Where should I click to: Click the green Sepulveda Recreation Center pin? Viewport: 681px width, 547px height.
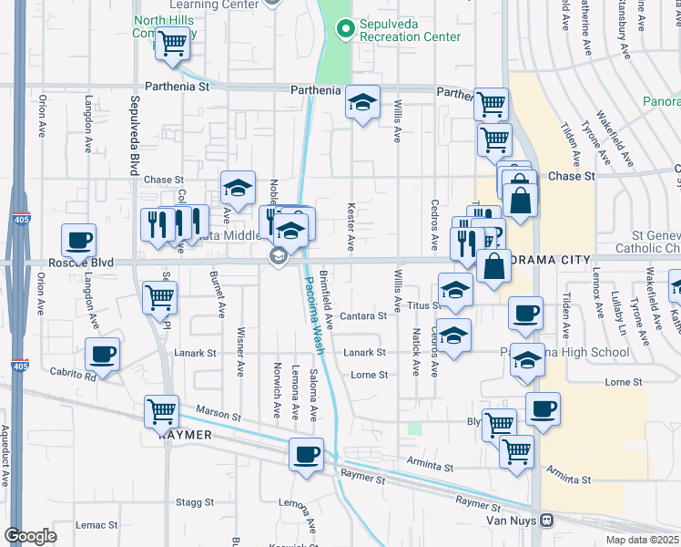pos(344,30)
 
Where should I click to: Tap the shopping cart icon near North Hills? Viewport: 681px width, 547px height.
pos(171,43)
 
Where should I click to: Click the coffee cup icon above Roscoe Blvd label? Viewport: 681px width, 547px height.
pos(79,241)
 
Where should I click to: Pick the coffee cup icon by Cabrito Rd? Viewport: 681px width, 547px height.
pos(102,354)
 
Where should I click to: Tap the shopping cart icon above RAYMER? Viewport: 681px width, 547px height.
pos(162,411)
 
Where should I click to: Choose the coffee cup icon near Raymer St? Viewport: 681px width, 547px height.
pos(306,453)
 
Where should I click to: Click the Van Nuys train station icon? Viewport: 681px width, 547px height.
pos(546,521)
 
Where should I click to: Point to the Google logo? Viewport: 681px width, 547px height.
pos(29,536)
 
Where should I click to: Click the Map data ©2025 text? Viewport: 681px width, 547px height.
pos(640,540)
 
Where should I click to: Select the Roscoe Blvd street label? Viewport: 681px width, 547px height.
pos(80,263)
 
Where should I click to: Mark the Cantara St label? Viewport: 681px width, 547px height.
pos(363,316)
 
